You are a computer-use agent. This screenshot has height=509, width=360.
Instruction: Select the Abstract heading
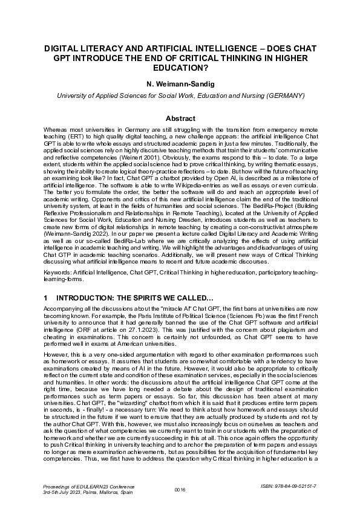coord(180,118)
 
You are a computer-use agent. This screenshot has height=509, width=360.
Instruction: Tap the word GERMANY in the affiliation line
coord(283,96)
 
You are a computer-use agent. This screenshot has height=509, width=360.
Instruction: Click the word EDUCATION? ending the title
coord(180,68)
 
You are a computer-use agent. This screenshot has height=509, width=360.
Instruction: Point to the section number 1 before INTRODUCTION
coord(46,299)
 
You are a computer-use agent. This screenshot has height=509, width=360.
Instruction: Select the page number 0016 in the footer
coord(180,489)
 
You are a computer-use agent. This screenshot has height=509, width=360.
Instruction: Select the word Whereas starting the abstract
coord(57,131)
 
